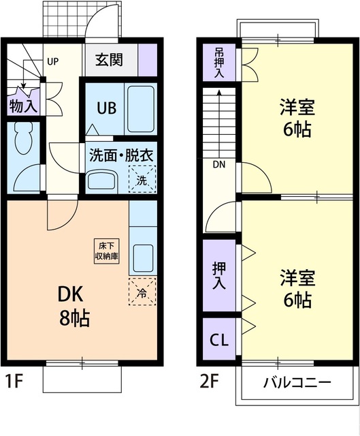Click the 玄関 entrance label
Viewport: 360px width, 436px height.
[x=109, y=60]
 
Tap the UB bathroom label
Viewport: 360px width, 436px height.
[x=105, y=108]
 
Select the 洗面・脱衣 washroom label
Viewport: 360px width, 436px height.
[x=120, y=154]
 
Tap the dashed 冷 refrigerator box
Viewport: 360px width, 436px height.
[x=142, y=293]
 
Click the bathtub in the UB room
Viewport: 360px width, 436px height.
[x=142, y=109]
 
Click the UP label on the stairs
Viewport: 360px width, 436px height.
[x=53, y=61]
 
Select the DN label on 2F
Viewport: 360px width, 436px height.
[x=218, y=164]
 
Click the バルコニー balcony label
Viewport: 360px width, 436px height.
[x=297, y=382]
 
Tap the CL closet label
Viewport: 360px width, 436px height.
[x=218, y=339]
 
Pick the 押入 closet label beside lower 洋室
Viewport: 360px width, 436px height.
[x=219, y=275]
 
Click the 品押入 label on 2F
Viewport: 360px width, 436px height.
[x=219, y=63]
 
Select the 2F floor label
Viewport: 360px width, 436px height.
[x=210, y=380]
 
